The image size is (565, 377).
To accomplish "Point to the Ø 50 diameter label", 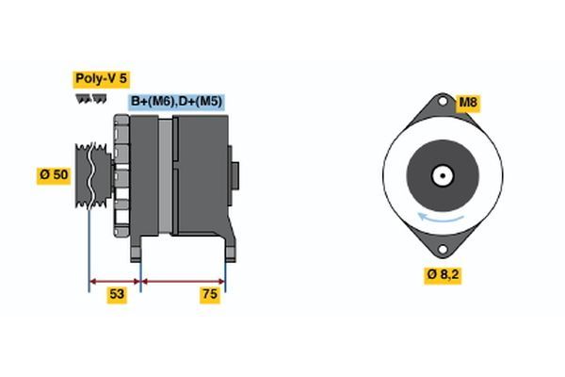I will click(54, 175).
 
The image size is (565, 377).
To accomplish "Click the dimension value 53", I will click(116, 294).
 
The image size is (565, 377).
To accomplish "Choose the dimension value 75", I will click(210, 294).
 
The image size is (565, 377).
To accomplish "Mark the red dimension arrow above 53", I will click(114, 280).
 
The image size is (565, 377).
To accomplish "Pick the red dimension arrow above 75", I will click(183, 280).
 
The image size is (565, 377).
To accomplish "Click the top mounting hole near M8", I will click(441, 104).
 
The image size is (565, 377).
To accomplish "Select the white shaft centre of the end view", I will click(440, 175).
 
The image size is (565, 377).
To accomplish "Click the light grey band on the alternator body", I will click(166, 175).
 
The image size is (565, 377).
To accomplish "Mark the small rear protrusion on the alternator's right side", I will click(235, 175).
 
